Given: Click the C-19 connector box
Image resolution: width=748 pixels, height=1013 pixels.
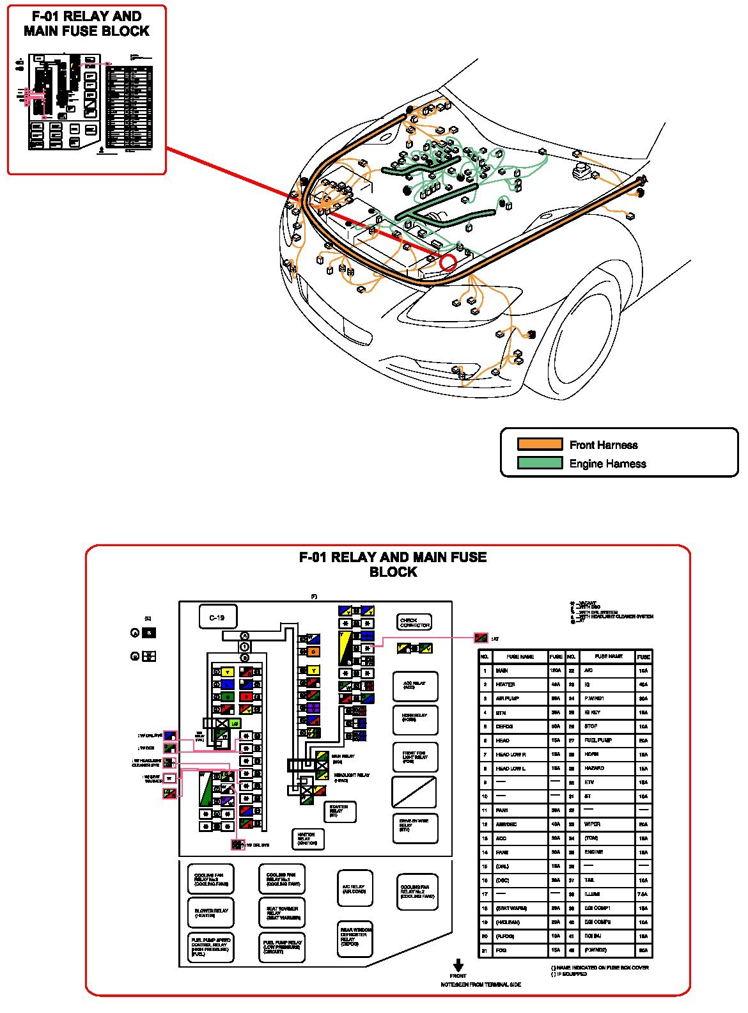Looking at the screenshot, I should point(217,618).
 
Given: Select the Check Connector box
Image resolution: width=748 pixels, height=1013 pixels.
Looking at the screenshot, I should point(414,622).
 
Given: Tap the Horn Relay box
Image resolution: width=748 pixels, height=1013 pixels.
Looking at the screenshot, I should point(415,719).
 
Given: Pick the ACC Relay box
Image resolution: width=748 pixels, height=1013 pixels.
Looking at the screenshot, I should point(415,686).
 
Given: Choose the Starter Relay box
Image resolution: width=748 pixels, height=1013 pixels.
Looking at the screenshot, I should point(339,812).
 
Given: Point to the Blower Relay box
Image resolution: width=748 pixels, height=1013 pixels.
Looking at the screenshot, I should point(210,913).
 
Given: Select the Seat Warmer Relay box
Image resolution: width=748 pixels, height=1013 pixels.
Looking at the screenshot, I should point(282,912).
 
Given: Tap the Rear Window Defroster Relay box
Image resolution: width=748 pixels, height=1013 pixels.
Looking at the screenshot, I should point(355,938).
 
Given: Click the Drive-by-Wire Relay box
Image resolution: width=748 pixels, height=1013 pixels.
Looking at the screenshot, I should point(415,828).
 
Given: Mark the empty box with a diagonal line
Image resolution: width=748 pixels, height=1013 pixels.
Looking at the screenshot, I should point(414,792).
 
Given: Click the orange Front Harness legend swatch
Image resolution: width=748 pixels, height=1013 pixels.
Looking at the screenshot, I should point(540,444).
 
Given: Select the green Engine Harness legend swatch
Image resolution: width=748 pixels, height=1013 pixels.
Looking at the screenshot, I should point(540,463).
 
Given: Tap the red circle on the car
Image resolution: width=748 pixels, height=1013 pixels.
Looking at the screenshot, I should point(448,262).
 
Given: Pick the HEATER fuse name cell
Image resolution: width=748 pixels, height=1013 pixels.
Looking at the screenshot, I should point(520,684).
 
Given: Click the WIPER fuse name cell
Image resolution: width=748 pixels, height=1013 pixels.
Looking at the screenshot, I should point(607,824).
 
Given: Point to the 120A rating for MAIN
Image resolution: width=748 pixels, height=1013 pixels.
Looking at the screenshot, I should point(556,670).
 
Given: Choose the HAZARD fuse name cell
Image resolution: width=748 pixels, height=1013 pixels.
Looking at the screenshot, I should point(607,768).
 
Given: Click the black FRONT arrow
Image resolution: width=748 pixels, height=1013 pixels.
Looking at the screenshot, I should point(458,965).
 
